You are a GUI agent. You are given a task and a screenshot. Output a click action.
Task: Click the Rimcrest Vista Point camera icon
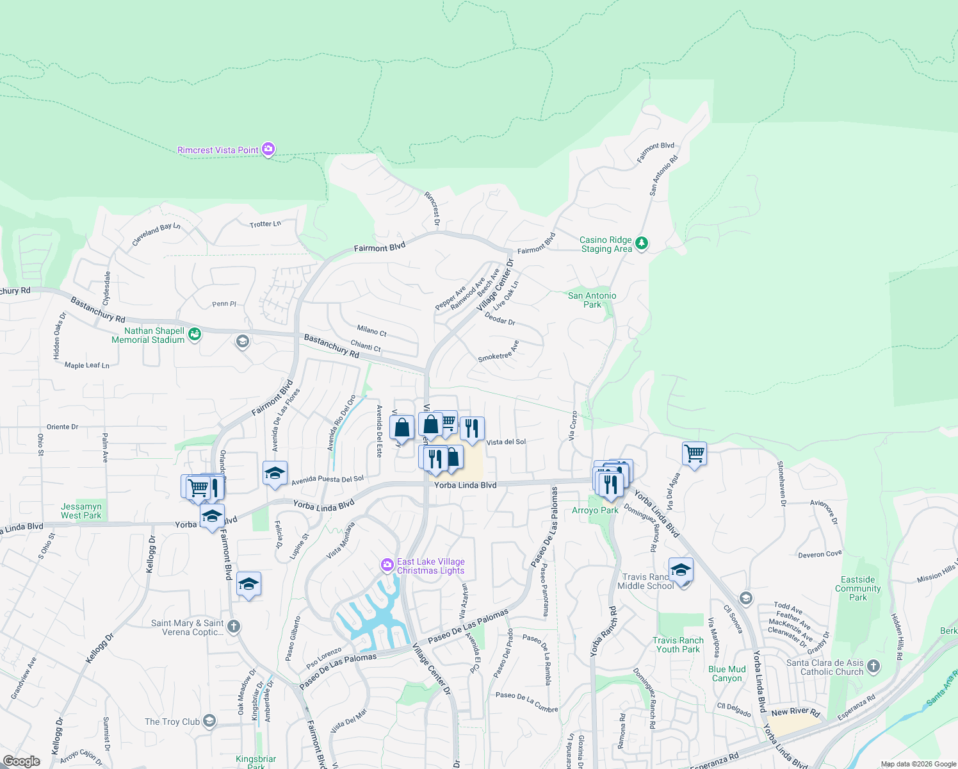point(268,149)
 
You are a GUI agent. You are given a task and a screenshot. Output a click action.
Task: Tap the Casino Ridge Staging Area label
point(606,244)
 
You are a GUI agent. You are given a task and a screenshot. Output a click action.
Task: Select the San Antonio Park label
point(592,300)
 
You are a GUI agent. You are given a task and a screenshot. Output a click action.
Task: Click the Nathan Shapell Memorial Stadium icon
point(195,334)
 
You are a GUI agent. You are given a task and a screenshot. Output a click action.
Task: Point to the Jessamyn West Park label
point(81,511)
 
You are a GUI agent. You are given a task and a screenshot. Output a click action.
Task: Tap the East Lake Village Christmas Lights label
point(430,566)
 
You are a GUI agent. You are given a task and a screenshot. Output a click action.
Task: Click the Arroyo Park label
point(595,510)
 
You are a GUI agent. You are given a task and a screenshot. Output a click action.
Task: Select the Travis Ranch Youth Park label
point(678,645)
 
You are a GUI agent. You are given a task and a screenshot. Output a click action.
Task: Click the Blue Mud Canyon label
point(727,674)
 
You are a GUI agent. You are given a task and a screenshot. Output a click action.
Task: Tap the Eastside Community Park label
point(857,588)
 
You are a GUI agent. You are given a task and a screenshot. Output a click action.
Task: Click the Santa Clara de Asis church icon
point(874,666)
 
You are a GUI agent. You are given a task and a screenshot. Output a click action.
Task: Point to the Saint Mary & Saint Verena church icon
point(234,627)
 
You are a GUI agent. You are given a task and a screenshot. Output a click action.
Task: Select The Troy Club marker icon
point(209,721)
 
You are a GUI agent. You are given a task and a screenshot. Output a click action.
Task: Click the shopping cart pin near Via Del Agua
point(694,454)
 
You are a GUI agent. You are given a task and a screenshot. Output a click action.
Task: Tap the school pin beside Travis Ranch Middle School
point(680,570)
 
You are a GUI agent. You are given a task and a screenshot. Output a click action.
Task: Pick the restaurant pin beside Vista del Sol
point(472,428)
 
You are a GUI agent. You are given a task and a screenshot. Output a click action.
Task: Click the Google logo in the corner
point(21,761)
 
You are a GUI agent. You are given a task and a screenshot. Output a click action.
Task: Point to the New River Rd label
point(795,712)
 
